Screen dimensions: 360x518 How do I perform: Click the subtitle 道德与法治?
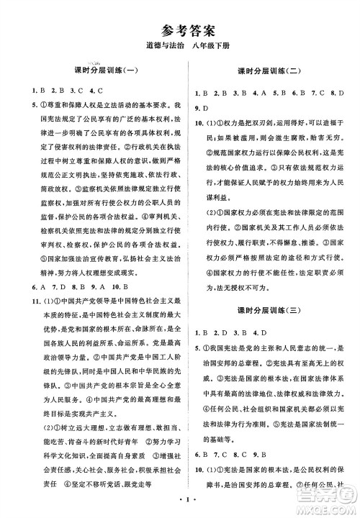pyautogui.click(x=156, y=47)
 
